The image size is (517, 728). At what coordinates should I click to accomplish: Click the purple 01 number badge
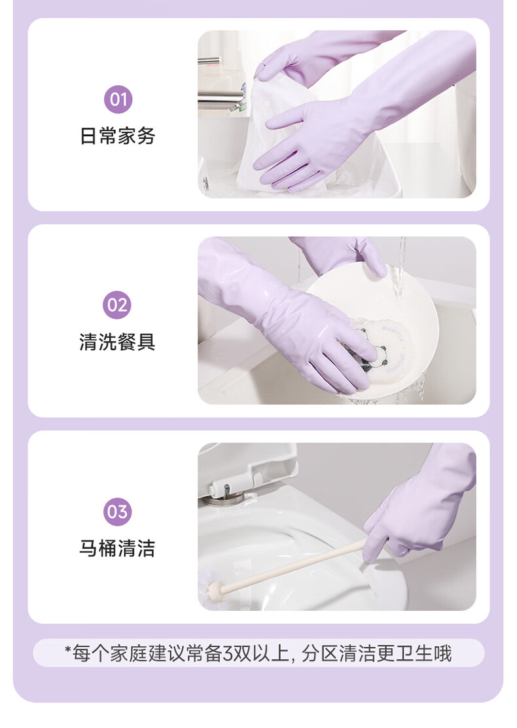coord(118,100)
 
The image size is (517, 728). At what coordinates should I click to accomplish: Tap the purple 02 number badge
coord(117,305)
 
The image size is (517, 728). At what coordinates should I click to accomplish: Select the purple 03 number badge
coord(117,512)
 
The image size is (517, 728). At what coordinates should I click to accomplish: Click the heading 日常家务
coord(117,136)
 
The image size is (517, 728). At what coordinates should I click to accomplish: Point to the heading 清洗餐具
coord(117,342)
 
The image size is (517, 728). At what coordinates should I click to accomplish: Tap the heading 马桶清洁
coord(117,549)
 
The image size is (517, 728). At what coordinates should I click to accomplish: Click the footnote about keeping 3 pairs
coord(258,653)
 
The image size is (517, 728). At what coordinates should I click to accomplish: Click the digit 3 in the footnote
coord(228,654)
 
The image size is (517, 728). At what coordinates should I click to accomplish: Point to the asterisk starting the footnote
coord(68,649)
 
